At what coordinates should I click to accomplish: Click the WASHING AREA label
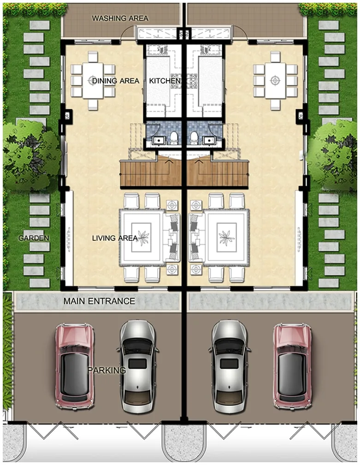120,18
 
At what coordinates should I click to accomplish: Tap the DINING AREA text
116,81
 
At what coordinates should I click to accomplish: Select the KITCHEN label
165,81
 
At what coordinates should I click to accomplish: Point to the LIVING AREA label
115,238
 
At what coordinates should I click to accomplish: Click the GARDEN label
34,238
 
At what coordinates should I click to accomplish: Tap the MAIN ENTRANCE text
99,301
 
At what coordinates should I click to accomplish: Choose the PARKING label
106,370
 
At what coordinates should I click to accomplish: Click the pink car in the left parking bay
75,367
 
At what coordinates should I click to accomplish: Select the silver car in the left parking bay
138,367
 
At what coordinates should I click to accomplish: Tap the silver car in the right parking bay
230,367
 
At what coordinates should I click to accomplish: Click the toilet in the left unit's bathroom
174,138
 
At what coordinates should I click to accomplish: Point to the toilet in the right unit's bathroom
194,138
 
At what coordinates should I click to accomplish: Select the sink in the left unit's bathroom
158,140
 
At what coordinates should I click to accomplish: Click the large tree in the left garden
31,154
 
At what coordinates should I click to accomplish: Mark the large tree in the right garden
332,154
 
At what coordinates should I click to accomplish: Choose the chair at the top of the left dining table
93,57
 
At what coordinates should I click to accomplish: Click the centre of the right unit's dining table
276,80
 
